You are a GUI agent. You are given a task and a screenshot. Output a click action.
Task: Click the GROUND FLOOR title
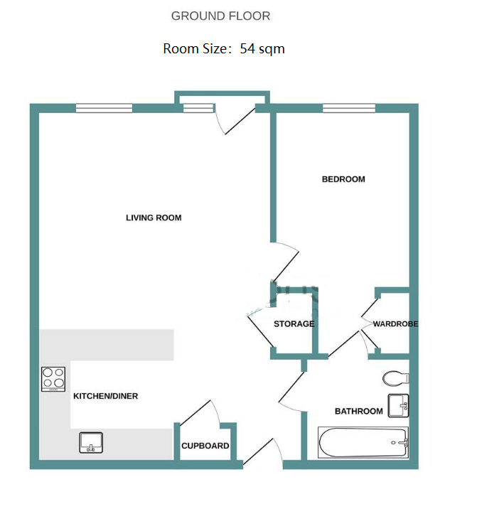(x=220, y=16)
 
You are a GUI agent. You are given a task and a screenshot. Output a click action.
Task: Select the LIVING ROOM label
(x=154, y=218)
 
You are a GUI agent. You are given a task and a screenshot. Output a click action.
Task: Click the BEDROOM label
(x=343, y=179)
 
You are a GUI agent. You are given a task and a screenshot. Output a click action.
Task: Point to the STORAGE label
(x=294, y=324)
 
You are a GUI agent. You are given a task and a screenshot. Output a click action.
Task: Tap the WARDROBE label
(x=395, y=324)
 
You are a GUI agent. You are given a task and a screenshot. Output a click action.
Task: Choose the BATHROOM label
(x=359, y=412)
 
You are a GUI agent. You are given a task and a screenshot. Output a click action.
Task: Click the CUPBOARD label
(x=205, y=446)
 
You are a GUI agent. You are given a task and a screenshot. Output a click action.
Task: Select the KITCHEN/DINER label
(x=105, y=396)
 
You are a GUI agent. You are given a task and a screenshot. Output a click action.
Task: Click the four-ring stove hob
(x=53, y=379)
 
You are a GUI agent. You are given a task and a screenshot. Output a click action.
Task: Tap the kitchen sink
(x=91, y=443)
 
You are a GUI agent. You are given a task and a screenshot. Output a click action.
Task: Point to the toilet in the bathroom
(x=396, y=378)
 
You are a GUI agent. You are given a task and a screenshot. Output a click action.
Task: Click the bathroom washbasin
(x=398, y=405)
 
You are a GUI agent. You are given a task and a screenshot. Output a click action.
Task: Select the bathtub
(x=363, y=443)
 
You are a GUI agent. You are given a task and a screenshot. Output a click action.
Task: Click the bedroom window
(x=349, y=108)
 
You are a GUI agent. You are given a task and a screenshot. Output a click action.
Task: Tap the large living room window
(x=104, y=108)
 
